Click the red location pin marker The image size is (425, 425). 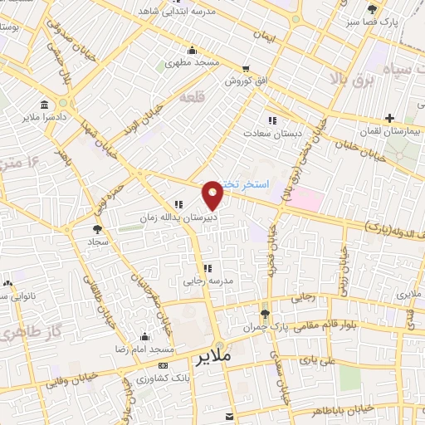(x=213, y=194)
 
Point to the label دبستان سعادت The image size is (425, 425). (x=266, y=132)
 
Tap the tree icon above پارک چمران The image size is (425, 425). (x=265, y=313)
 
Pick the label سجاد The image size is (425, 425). (x=99, y=242)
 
